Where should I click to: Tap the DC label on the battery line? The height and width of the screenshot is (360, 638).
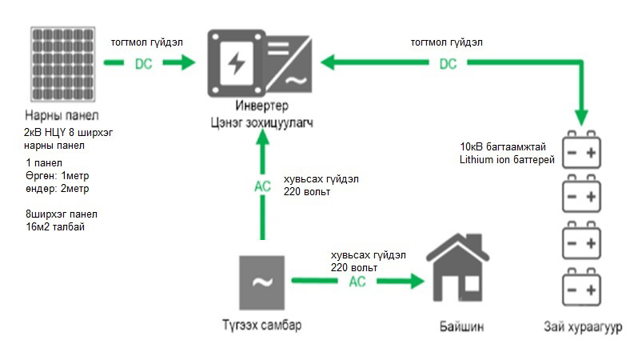coord(448,63)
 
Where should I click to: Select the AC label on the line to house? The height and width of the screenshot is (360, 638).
coord(357,282)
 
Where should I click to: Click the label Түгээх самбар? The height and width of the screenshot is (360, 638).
coord(262,326)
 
